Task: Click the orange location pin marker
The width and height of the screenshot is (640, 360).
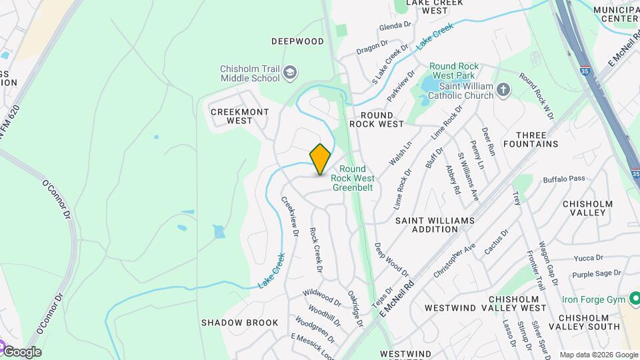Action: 321,159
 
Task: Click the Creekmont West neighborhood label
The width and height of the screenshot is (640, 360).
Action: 231,116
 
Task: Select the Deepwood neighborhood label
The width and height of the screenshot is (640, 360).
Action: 297,41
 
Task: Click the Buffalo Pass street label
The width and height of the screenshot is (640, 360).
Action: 563,179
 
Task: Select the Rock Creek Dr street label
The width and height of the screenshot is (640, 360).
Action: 316,250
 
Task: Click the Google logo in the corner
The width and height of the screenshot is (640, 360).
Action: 21,352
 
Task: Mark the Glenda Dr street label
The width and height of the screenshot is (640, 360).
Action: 395,25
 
